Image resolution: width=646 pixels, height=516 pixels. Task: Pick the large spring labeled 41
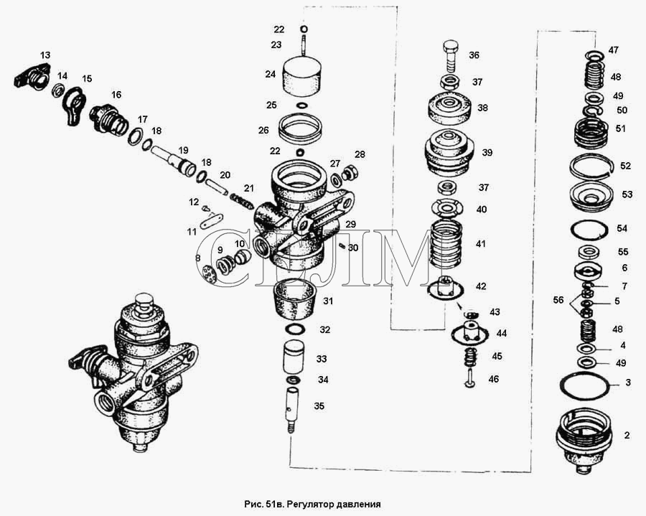[x=446, y=244]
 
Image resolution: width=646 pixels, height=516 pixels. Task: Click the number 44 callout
[x=502, y=333]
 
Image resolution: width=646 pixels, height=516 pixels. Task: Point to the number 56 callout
[x=558, y=300]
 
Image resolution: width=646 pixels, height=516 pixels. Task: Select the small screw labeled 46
[x=470, y=379]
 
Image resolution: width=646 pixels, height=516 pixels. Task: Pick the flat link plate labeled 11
[x=211, y=221]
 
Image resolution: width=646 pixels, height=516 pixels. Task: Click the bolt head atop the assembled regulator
[x=143, y=302]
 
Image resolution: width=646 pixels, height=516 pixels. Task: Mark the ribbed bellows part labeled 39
[x=451, y=153]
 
